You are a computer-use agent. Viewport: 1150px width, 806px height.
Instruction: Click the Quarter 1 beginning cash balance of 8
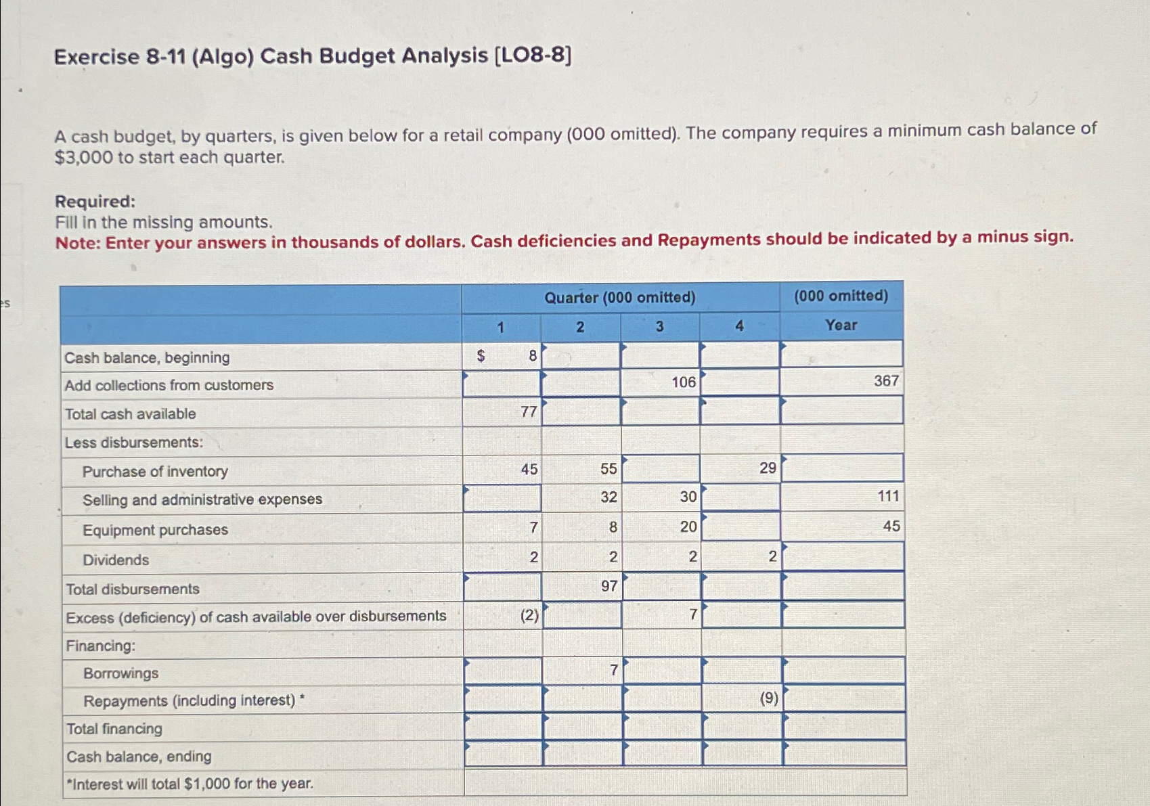click(532, 356)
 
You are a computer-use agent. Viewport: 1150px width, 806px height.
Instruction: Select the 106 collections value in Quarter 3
click(683, 382)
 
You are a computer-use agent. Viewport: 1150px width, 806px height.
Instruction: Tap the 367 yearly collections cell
click(885, 381)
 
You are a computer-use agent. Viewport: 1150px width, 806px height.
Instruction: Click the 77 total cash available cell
click(529, 411)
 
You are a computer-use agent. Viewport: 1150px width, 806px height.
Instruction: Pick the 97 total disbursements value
click(609, 586)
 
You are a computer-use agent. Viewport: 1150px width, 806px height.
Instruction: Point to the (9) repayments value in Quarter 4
click(768, 698)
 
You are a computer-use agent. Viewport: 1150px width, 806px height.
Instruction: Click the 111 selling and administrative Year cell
click(887, 497)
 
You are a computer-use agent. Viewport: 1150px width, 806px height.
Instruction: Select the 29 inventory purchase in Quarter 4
click(767, 468)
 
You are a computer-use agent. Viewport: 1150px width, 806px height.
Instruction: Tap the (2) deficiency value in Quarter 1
click(529, 615)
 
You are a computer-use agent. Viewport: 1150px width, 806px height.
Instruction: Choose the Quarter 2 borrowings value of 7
click(613, 671)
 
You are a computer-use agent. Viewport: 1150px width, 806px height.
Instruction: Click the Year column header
click(841, 326)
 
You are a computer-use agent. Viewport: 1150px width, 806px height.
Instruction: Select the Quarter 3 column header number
click(659, 327)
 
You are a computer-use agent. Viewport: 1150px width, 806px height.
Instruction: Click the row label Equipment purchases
click(155, 530)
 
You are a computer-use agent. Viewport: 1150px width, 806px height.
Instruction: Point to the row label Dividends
click(116, 560)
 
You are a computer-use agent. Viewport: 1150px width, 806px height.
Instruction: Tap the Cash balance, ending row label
click(139, 757)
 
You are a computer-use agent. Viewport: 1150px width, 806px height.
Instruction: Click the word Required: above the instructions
click(95, 202)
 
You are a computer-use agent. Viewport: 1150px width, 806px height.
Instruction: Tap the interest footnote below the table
click(190, 784)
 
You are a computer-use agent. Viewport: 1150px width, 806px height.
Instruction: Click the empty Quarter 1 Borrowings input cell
click(503, 671)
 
